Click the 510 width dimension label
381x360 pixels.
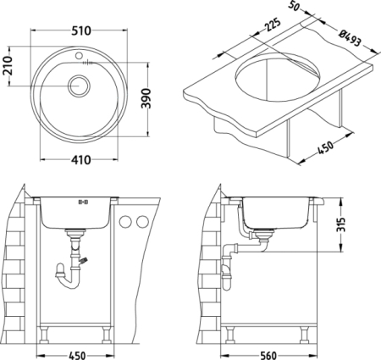(80, 30)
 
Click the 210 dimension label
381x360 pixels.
(8, 65)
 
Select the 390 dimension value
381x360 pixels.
(146, 98)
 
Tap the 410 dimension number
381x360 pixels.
(80, 160)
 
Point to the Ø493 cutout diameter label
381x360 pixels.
(350, 38)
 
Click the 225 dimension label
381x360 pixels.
(272, 25)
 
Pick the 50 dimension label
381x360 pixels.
(294, 6)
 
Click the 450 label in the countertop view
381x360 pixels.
(325, 147)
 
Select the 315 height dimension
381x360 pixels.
(341, 224)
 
